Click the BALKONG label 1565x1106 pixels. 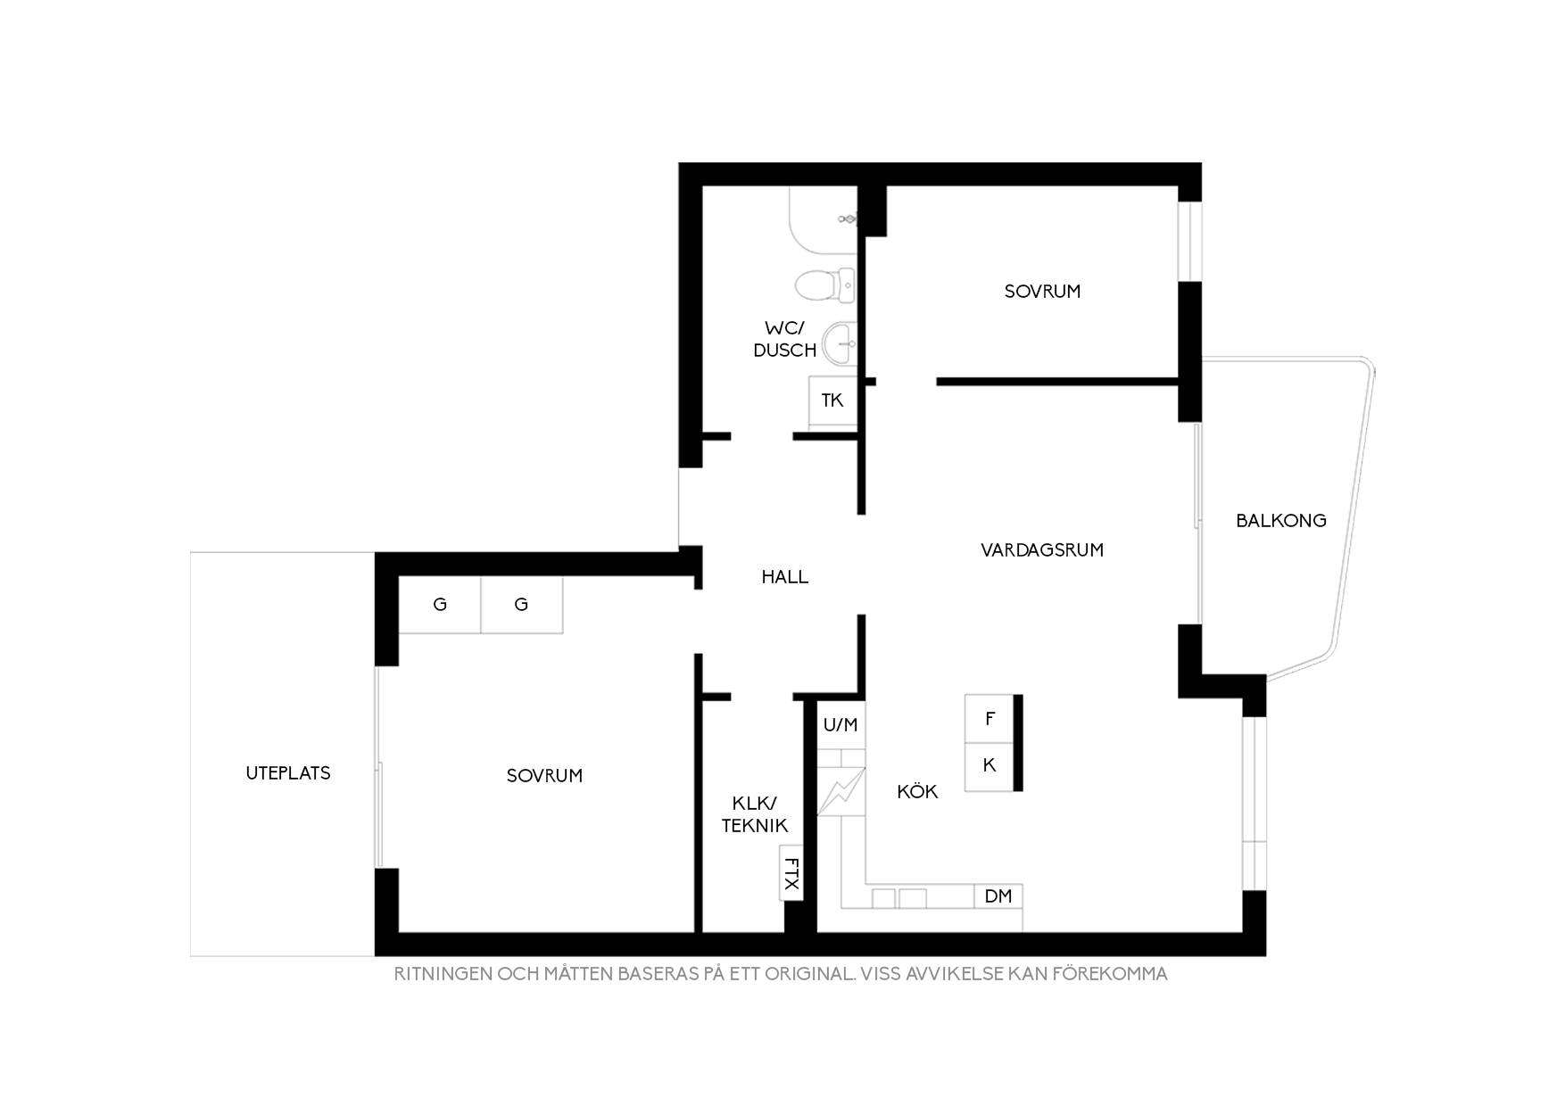pyautogui.click(x=1280, y=520)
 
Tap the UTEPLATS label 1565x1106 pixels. pyautogui.click(x=288, y=773)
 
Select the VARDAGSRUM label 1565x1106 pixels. pyautogui.click(x=1042, y=550)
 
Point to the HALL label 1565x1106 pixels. pyautogui.click(x=785, y=577)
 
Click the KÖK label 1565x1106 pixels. pyautogui.click(x=917, y=791)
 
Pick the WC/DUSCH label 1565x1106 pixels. pyautogui.click(x=785, y=339)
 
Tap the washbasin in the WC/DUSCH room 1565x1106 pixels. pyautogui.click(x=840, y=343)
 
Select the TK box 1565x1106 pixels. pyautogui.click(x=832, y=402)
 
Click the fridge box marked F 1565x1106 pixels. pyautogui.click(x=990, y=719)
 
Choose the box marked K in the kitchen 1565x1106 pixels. pyautogui.click(x=990, y=766)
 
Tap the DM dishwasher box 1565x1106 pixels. pyautogui.click(x=998, y=896)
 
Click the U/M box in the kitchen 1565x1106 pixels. pyautogui.click(x=840, y=725)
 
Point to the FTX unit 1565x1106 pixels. pyautogui.click(x=791, y=872)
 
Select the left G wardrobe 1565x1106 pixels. pyautogui.click(x=440, y=605)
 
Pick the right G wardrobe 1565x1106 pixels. pyautogui.click(x=522, y=605)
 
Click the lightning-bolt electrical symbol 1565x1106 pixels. pyautogui.click(x=841, y=791)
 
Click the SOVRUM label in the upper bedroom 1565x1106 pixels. pyautogui.click(x=1042, y=292)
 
